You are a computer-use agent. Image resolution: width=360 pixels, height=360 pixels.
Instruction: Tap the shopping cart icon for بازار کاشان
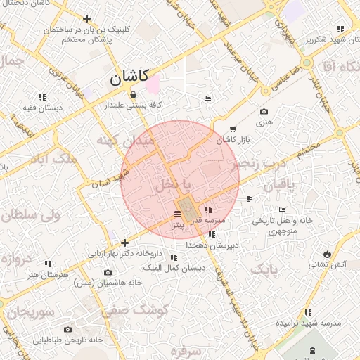[x=233, y=129]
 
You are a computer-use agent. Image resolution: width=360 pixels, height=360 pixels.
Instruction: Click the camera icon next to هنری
[x=264, y=112]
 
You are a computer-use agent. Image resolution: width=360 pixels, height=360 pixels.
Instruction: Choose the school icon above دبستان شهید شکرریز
[x=340, y=30]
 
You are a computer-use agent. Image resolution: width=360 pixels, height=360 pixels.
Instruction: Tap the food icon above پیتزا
[x=177, y=214]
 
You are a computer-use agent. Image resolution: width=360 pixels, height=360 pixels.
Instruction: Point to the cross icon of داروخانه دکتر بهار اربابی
[x=125, y=243]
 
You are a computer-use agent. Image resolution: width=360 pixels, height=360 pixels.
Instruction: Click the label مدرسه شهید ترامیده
[x=308, y=323]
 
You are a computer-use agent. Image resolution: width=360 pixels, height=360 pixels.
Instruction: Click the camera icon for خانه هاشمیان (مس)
[x=108, y=272]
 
